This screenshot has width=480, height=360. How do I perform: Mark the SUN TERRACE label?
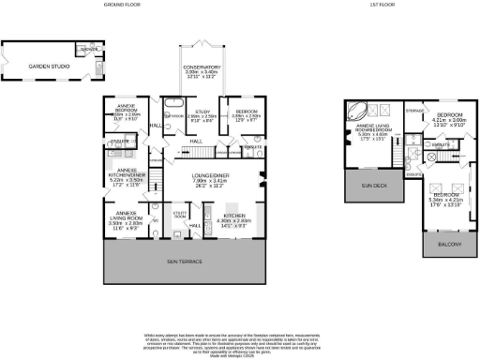(184, 260)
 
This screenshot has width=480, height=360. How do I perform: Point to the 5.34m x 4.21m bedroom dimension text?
(446, 200)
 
